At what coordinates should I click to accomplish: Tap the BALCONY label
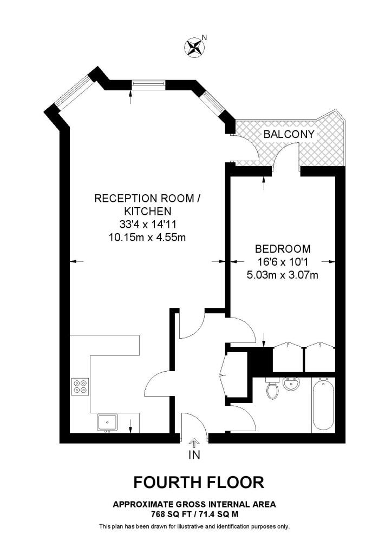pos(289,134)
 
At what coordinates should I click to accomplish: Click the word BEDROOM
pos(283,249)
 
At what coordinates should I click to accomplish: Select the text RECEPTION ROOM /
pos(148,199)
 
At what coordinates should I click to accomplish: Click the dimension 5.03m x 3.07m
pos(282,274)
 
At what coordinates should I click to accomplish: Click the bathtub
pos(322,405)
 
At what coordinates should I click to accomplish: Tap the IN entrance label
pos(194,455)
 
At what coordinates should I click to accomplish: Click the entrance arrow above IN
pos(194,442)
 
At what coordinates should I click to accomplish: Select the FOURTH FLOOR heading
pos(199,482)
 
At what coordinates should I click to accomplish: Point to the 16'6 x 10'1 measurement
pos(283,262)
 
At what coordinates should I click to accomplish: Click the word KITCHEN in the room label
pos(148,210)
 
